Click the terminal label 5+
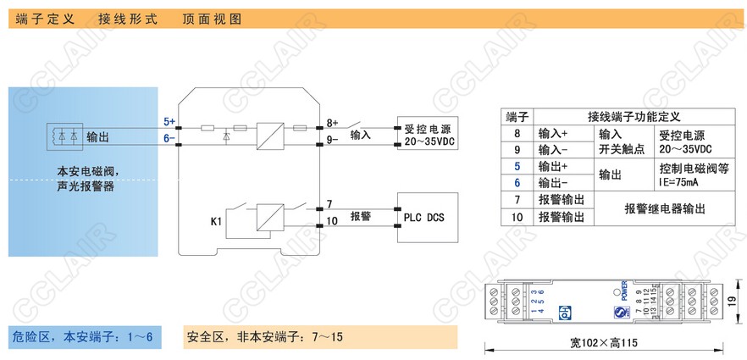(x=169, y=122)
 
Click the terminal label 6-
(x=169, y=136)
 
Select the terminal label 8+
(x=332, y=122)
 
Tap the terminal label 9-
(x=332, y=136)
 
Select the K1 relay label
(x=216, y=222)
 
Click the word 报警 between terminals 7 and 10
(x=361, y=217)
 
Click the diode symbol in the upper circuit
(x=224, y=136)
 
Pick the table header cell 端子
(x=517, y=116)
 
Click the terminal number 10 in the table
(x=517, y=217)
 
